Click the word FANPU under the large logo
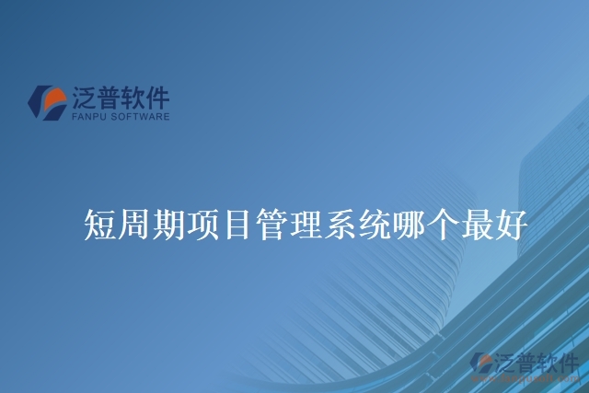point(87,118)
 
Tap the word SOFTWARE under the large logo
point(138,118)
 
